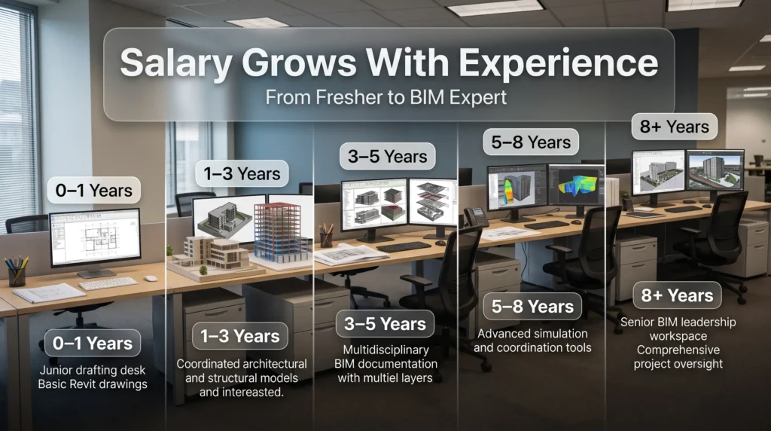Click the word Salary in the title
[176, 63]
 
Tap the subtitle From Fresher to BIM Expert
[386, 97]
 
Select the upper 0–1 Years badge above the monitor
[94, 191]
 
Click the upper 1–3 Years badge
[242, 173]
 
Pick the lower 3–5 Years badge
[385, 324]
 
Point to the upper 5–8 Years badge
[531, 142]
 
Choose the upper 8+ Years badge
[674, 127]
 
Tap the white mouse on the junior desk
[151, 279]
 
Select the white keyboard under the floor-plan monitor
[108, 283]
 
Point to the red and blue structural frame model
[279, 232]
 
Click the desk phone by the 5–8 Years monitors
[474, 218]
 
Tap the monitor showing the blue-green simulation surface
[576, 186]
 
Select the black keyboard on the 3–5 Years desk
[404, 247]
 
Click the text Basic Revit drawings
[93, 384]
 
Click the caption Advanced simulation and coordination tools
[532, 341]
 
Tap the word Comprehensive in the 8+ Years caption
[678, 350]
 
